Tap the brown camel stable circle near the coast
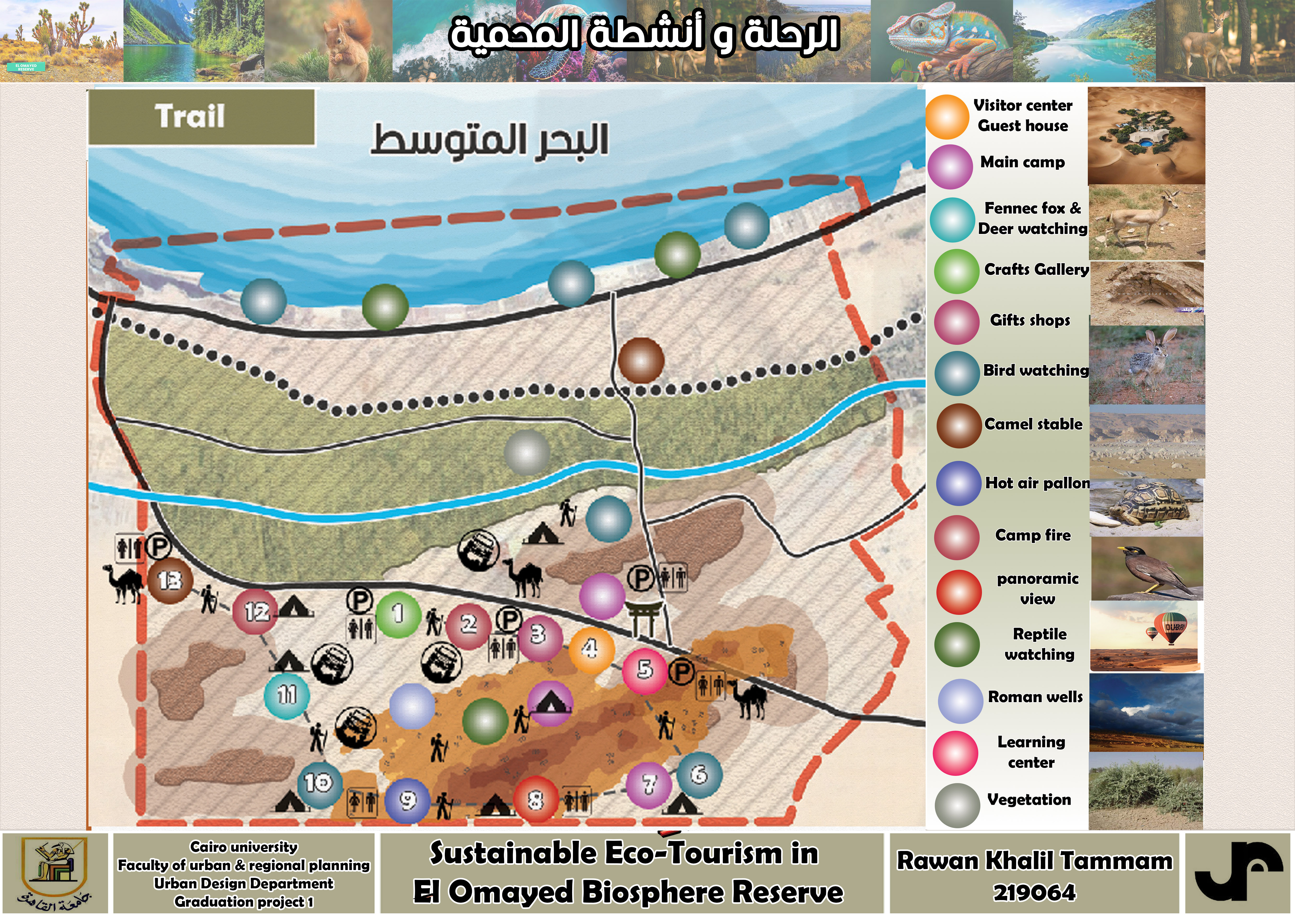(641, 360)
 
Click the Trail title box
(201, 117)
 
